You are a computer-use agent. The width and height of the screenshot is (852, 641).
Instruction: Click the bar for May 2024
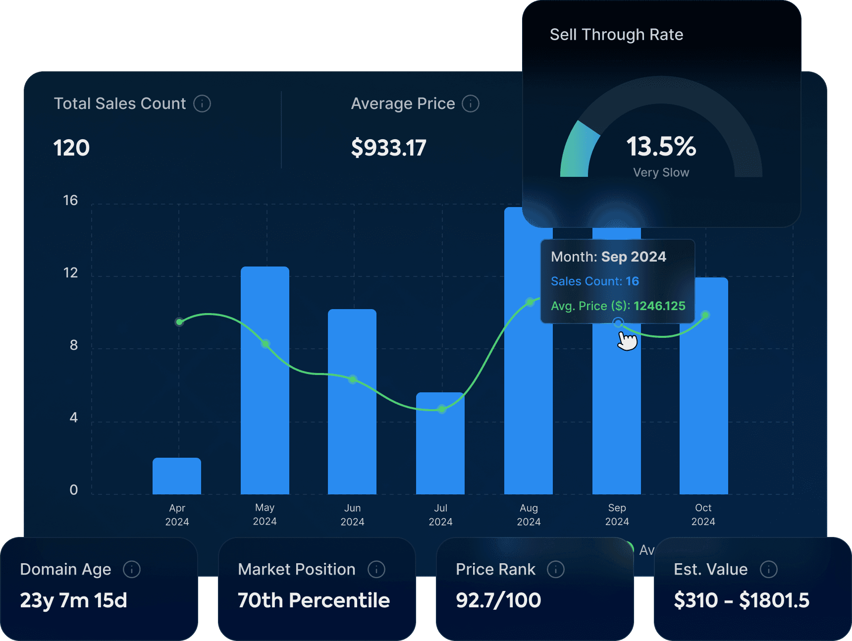(x=265, y=396)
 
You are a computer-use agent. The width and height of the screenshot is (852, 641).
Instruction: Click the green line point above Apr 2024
(x=179, y=322)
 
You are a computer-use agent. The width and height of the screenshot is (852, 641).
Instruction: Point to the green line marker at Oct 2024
(x=705, y=315)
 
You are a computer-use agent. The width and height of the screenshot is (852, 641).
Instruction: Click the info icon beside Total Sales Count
(x=202, y=104)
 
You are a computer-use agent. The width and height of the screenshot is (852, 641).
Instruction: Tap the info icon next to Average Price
(x=471, y=104)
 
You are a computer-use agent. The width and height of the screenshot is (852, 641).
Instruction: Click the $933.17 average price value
(x=388, y=148)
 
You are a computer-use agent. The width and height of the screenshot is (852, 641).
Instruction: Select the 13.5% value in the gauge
(x=661, y=147)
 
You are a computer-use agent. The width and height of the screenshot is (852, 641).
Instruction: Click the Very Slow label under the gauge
(x=661, y=172)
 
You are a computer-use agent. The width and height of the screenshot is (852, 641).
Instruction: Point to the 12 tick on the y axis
(x=71, y=273)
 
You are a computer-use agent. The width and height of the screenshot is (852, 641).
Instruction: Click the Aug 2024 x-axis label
(x=529, y=515)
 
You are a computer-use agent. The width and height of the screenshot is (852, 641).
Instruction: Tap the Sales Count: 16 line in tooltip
(x=595, y=281)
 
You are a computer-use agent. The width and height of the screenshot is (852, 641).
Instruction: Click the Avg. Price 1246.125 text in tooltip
(x=618, y=306)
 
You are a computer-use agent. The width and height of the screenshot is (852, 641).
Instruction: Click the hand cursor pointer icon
(x=627, y=341)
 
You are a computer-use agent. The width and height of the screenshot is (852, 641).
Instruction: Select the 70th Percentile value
(x=314, y=600)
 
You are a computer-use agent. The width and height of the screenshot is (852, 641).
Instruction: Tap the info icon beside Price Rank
(x=556, y=569)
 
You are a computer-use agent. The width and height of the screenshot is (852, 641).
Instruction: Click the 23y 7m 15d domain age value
(x=74, y=600)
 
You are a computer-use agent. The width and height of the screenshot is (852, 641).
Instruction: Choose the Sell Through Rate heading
(x=616, y=35)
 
